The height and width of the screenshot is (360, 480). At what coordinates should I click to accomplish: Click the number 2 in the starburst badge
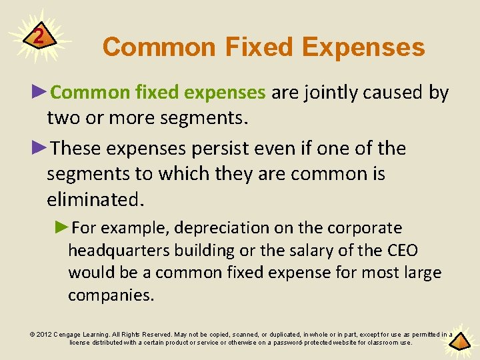(x=39, y=35)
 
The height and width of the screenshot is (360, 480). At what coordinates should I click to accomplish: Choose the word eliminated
(x=95, y=199)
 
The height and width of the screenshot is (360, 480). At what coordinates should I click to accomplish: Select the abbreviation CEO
(x=403, y=251)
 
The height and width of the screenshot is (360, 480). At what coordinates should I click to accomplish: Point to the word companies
(x=111, y=295)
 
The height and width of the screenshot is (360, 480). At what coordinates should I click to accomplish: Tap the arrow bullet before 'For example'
(x=63, y=227)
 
